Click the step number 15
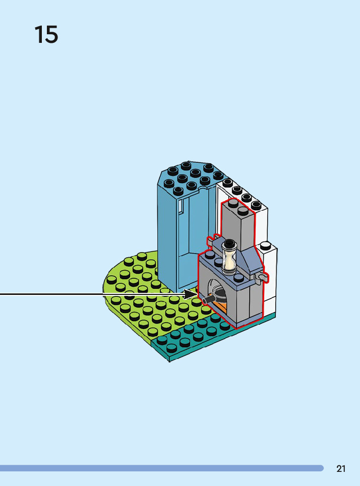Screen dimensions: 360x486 [x=46, y=34]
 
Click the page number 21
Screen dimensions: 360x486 [x=341, y=469]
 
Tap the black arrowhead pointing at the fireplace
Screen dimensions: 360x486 [x=191, y=294]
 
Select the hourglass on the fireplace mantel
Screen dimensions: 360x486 [x=230, y=257]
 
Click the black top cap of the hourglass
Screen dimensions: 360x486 [x=229, y=244]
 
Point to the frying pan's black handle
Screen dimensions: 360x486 [x=208, y=299]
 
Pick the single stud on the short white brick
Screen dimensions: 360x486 [x=266, y=246]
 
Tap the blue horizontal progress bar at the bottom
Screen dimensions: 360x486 [x=161, y=468]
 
